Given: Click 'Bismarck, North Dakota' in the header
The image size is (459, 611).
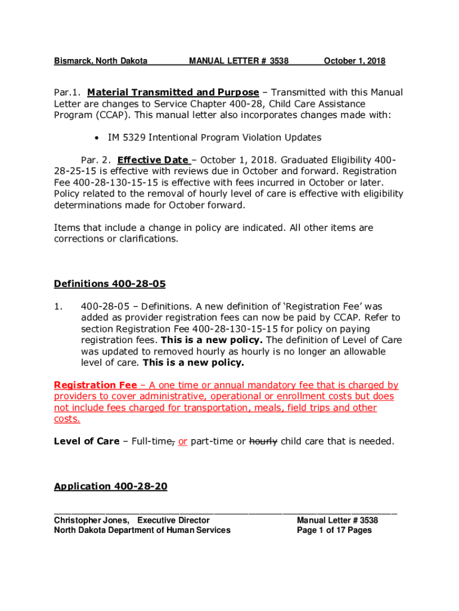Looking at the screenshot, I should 101,61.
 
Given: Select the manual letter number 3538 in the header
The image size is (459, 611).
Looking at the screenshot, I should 279,61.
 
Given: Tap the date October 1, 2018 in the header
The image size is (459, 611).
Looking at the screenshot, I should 354,61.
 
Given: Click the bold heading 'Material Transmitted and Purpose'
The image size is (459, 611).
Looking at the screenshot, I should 173,92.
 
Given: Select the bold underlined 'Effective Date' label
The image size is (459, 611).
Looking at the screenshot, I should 154,160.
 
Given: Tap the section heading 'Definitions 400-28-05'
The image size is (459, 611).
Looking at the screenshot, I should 110,283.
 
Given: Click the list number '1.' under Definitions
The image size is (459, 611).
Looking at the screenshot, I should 58,306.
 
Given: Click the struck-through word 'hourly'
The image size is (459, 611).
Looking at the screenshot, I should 263,442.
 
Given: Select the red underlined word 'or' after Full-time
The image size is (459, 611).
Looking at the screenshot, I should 182,442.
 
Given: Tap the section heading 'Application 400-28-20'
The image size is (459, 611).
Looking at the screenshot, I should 110,487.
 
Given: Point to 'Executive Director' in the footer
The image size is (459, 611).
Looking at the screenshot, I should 173,520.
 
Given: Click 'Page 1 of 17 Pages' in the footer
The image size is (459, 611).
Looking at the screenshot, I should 334,530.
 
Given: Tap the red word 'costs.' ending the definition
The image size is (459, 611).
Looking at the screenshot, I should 67,419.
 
